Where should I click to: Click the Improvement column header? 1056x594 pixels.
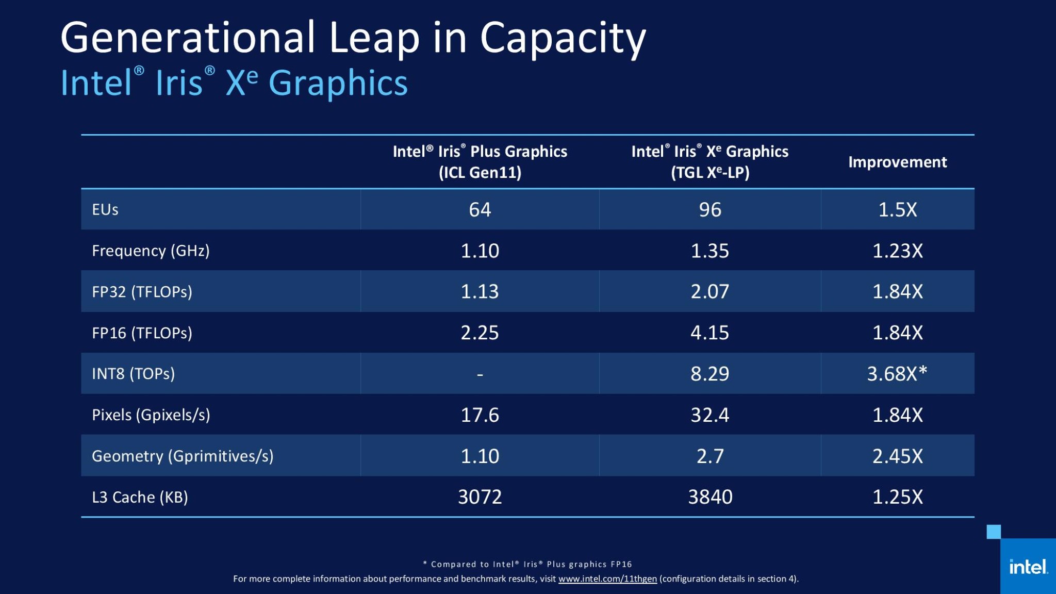tap(897, 162)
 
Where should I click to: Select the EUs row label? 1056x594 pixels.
tap(105, 210)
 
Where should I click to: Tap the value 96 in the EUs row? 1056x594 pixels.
tap(709, 210)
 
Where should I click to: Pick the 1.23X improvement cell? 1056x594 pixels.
tap(897, 251)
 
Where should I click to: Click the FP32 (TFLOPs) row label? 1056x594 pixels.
tap(142, 292)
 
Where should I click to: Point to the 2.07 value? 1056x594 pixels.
tap(709, 292)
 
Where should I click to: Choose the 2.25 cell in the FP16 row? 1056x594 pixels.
tap(480, 333)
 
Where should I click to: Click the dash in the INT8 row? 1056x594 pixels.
tap(480, 374)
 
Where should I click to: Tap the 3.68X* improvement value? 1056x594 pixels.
tap(897, 374)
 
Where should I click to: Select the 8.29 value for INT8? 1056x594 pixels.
tap(709, 374)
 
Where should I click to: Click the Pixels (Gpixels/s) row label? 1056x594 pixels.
tap(151, 415)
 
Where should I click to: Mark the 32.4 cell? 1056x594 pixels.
tap(709, 415)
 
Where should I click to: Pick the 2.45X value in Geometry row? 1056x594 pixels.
tap(897, 456)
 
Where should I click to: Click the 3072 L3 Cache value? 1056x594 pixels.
tap(480, 497)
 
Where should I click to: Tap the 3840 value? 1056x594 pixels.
tap(709, 497)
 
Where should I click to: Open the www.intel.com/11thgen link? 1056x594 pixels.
tap(607, 579)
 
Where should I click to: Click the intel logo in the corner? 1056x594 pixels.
tap(1028, 567)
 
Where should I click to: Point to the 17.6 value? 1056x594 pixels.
tap(480, 415)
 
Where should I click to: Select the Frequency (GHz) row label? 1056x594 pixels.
tap(151, 251)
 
